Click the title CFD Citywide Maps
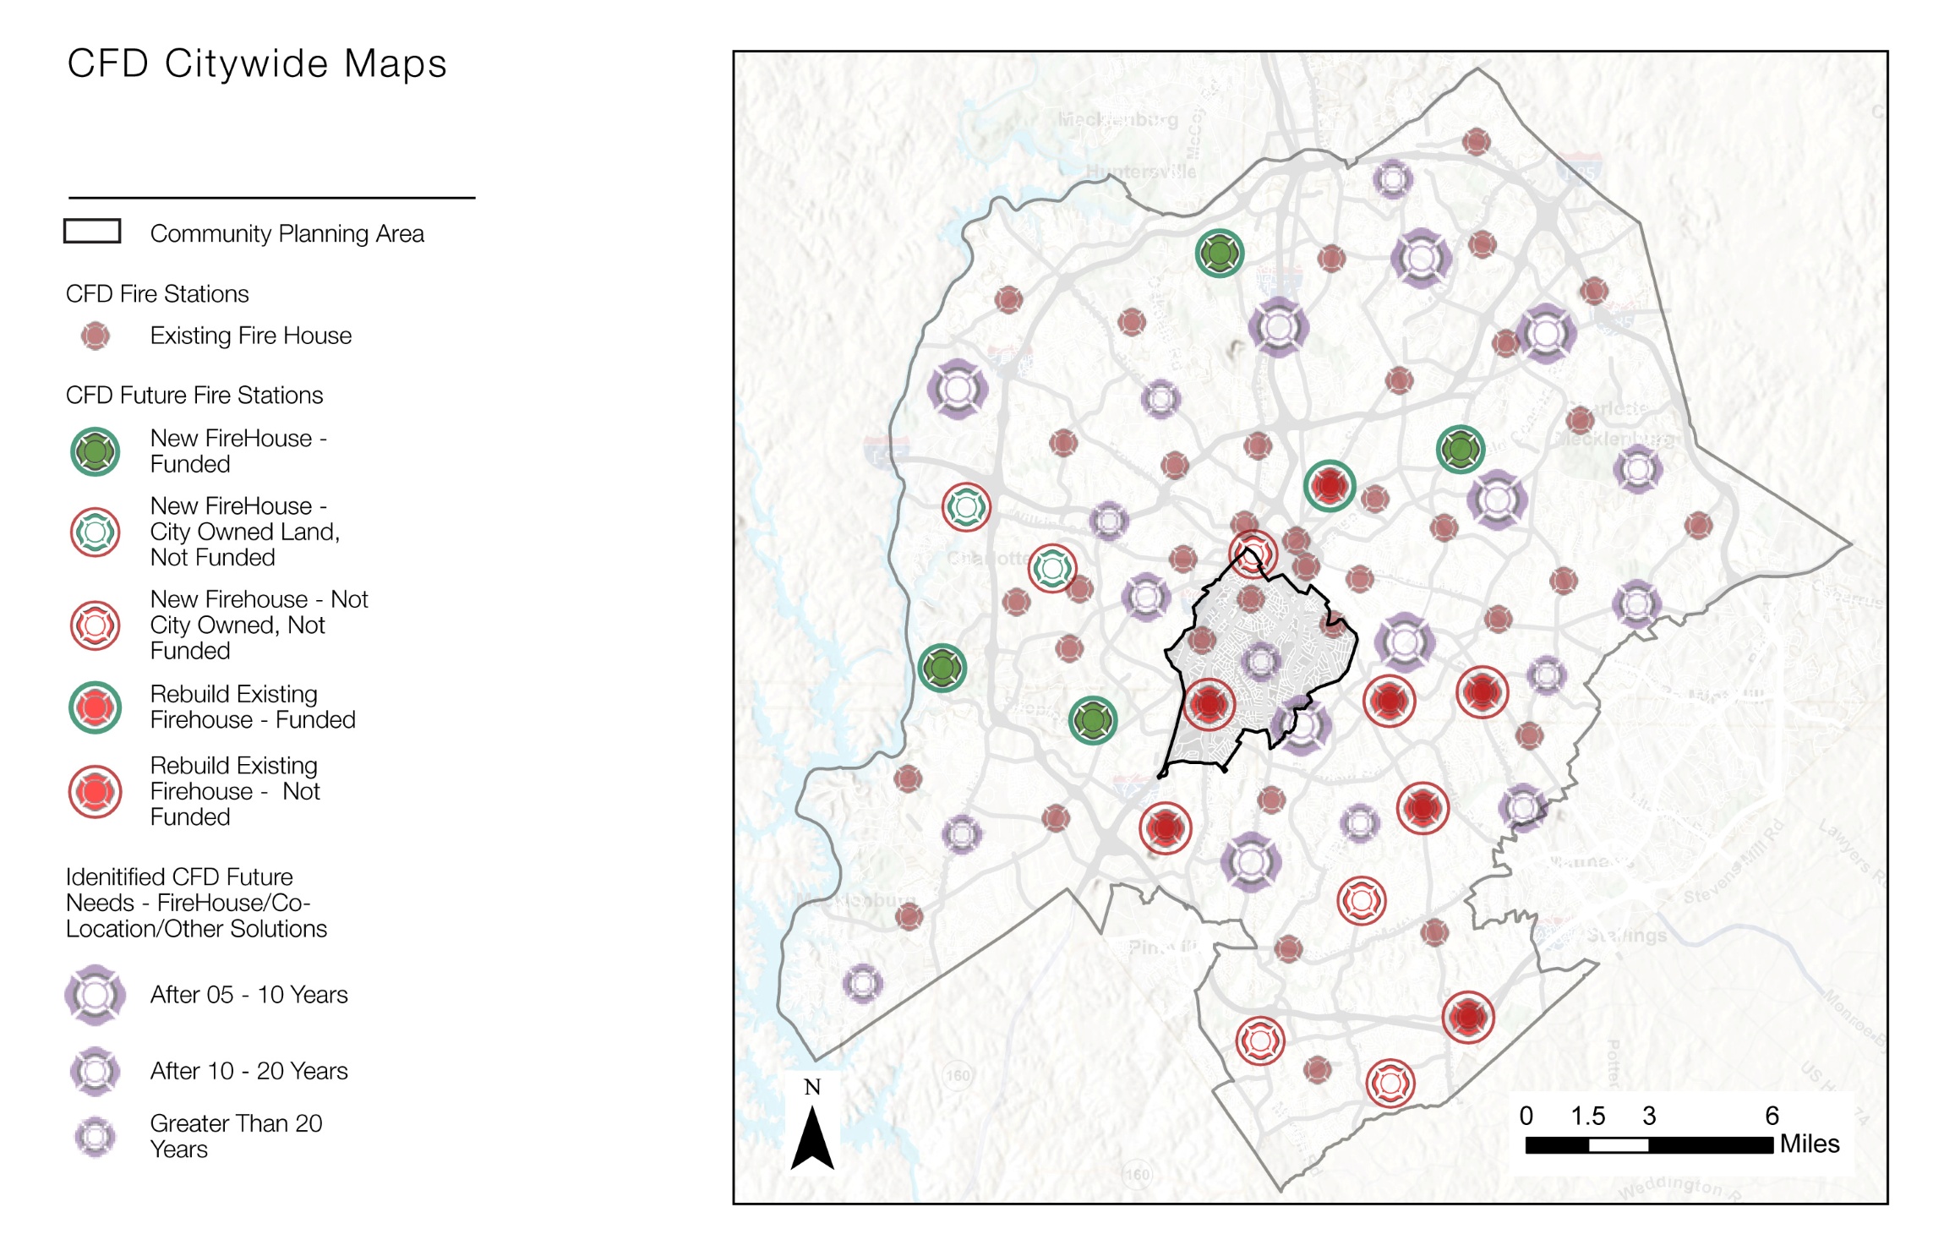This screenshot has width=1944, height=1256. pyautogui.click(x=256, y=64)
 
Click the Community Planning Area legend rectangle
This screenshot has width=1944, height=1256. pyautogui.click(x=92, y=231)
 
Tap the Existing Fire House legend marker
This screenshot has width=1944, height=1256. pyautogui.click(x=96, y=336)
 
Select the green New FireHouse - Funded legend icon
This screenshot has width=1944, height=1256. pyautogui.click(x=96, y=451)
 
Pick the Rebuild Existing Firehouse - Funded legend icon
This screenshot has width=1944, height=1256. pyautogui.click(x=96, y=707)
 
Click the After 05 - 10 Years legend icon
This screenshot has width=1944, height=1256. pyautogui.click(x=96, y=995)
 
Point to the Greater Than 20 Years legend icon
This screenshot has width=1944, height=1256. pyautogui.click(x=96, y=1137)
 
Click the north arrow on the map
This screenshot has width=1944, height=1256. pyautogui.click(x=811, y=1138)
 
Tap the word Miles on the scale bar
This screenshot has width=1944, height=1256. pyautogui.click(x=1809, y=1144)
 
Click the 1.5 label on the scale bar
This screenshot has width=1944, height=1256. pyautogui.click(x=1587, y=1116)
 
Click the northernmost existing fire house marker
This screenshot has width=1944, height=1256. pyautogui.click(x=1476, y=141)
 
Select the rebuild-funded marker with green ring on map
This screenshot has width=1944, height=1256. pyautogui.click(x=1329, y=486)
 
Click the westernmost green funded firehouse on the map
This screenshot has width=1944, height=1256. pyautogui.click(x=942, y=668)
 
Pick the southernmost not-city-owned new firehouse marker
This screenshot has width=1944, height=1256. pyautogui.click(x=1390, y=1083)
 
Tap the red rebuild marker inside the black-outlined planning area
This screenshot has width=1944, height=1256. pyautogui.click(x=1209, y=704)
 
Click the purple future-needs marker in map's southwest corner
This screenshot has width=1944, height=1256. pyautogui.click(x=862, y=983)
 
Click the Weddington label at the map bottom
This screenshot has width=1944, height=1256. pyautogui.click(x=1669, y=1185)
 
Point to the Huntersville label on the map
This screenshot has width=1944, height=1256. pyautogui.click(x=1140, y=172)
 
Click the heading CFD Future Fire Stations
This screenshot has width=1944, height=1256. pyautogui.click(x=194, y=395)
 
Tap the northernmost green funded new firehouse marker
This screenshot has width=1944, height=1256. pyautogui.click(x=1219, y=253)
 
